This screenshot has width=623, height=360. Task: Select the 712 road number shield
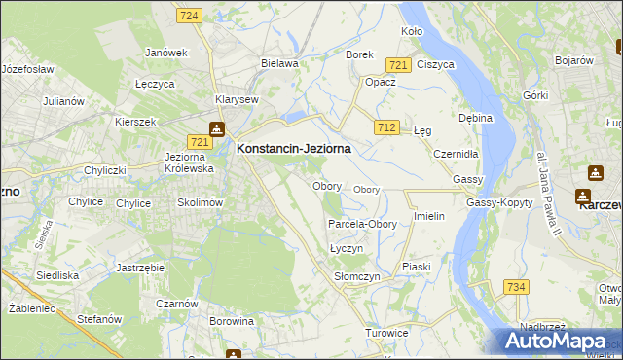(x=387, y=127)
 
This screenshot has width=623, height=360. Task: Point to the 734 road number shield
(x=517, y=286)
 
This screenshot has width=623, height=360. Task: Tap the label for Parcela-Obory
(x=362, y=224)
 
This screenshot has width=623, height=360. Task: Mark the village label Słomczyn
(x=356, y=276)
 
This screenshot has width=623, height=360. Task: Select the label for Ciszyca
(x=435, y=64)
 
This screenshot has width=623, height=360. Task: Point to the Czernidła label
(x=457, y=154)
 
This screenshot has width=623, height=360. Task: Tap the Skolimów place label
(x=201, y=202)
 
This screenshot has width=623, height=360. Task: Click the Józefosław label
(x=27, y=70)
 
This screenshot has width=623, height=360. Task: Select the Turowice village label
(x=386, y=333)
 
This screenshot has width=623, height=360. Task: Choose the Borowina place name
(x=231, y=319)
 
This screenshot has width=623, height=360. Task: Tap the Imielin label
(x=429, y=216)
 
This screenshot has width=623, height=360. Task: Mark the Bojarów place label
(x=573, y=60)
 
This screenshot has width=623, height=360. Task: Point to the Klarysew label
(x=237, y=99)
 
